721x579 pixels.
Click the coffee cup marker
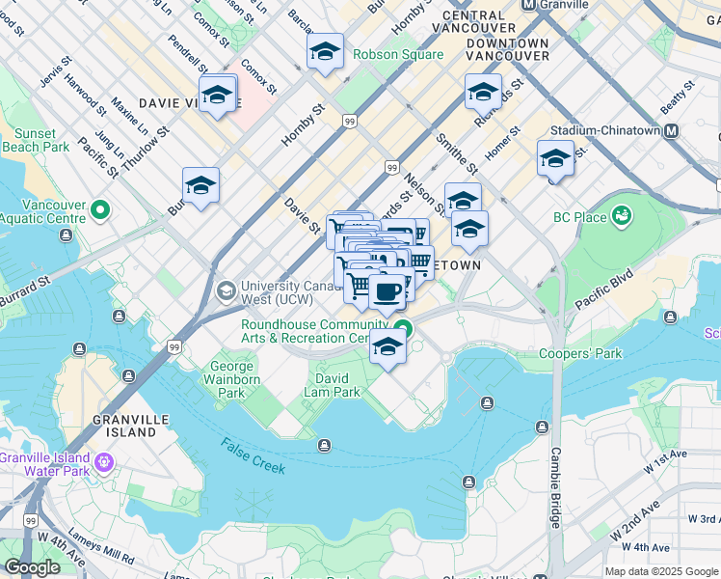[387, 291]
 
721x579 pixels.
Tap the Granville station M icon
[528, 5]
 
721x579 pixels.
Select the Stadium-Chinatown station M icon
[670, 130]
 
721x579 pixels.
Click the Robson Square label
[398, 55]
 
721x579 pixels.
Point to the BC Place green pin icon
[622, 213]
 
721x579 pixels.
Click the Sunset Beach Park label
[36, 140]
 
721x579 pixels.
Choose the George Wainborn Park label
[232, 379]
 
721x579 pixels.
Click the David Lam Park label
[337, 386]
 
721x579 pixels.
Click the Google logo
[32, 567]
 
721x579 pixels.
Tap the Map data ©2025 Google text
[660, 571]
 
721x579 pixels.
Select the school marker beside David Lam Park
[387, 349]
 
